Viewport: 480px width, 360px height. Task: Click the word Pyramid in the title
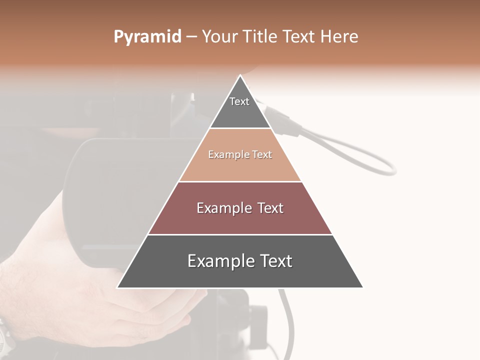point(147,37)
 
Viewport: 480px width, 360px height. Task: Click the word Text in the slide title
point(299,37)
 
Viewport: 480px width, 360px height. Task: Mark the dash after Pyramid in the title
point(191,37)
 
